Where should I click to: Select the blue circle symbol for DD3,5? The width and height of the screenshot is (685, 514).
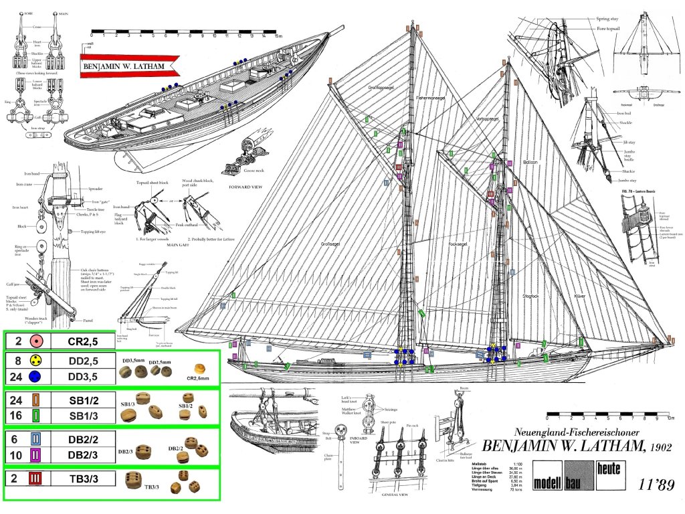[x=35, y=376]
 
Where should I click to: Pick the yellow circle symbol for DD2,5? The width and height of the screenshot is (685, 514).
[x=35, y=361]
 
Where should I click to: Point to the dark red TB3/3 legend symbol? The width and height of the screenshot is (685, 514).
[x=35, y=478]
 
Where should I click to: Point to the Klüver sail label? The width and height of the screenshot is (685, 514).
[x=582, y=295]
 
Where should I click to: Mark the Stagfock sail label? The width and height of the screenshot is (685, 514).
[x=531, y=295]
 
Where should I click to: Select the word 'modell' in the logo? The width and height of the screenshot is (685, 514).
[x=548, y=483]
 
